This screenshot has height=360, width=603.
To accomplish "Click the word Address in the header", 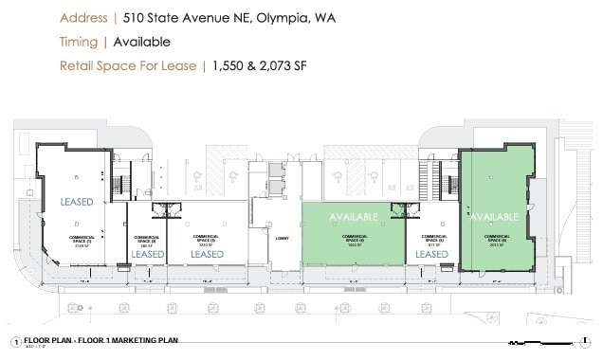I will (x=82, y=18).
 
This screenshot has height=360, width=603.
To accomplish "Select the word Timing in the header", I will (x=80, y=42).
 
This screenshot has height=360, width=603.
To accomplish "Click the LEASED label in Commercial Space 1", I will (x=76, y=203).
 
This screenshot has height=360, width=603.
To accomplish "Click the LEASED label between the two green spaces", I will (x=431, y=254).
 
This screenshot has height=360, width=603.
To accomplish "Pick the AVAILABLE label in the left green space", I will (x=354, y=217).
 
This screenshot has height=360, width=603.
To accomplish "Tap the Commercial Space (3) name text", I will (x=207, y=239).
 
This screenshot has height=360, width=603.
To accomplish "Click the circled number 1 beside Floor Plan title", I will (x=15, y=341).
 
